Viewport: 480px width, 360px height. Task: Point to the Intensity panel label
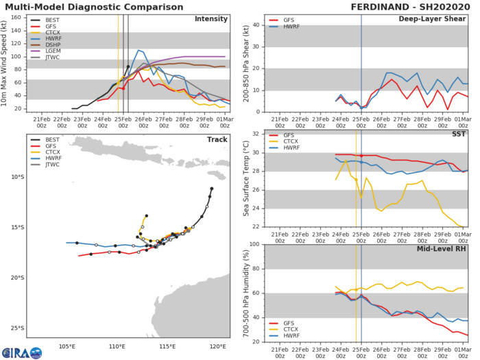[211, 19]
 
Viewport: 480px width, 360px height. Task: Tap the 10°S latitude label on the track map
[16, 177]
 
